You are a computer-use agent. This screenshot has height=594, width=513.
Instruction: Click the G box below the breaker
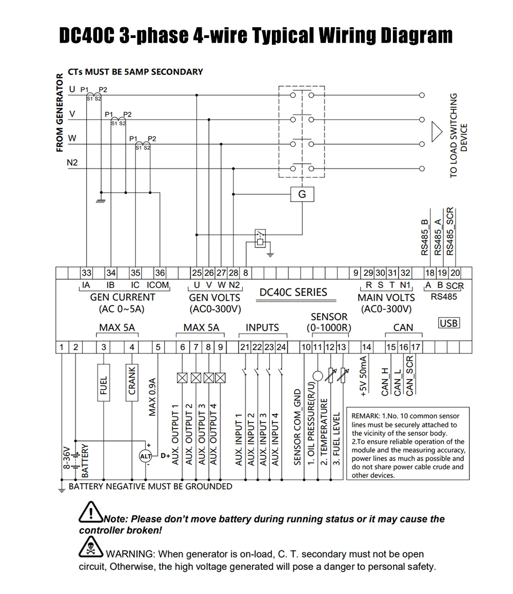click(302, 195)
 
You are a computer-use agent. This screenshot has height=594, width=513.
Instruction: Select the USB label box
click(449, 323)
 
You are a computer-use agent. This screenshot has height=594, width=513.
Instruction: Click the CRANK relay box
click(132, 380)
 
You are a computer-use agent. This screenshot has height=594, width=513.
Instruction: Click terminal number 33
click(87, 273)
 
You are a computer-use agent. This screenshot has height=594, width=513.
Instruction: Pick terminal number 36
click(160, 273)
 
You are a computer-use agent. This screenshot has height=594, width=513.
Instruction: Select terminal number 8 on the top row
click(246, 273)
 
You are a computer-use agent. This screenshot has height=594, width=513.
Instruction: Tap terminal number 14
click(366, 347)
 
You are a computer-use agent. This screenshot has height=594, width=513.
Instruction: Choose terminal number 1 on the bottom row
click(62, 347)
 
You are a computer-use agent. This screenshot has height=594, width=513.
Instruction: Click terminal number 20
click(455, 273)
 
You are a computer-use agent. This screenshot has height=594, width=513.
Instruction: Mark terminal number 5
click(158, 347)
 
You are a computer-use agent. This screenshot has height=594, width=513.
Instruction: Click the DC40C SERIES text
click(293, 292)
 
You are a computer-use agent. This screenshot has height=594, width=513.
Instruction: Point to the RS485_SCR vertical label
click(450, 231)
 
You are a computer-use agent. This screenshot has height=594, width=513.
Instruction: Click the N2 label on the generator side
click(72, 163)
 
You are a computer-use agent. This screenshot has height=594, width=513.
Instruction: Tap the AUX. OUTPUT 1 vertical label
click(175, 434)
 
